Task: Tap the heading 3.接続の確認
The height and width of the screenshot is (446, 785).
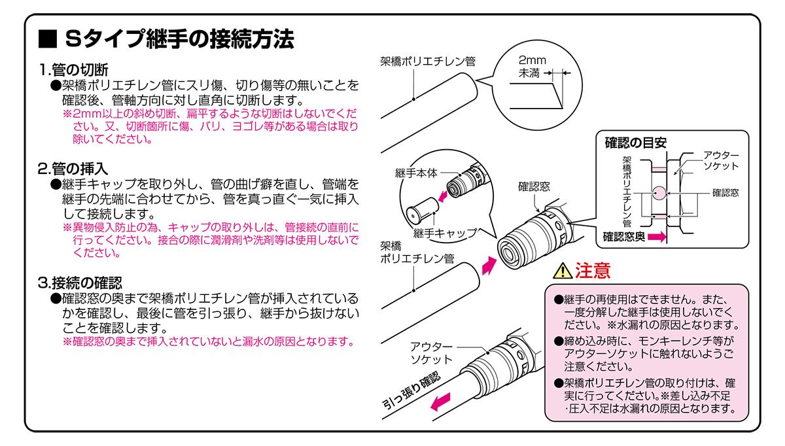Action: (80, 283)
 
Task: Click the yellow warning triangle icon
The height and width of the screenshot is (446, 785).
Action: (561, 270)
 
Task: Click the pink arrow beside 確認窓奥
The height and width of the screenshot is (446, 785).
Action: (658, 237)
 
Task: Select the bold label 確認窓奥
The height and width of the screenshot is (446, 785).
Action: (626, 237)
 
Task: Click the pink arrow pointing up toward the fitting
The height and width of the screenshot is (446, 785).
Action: (488, 265)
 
